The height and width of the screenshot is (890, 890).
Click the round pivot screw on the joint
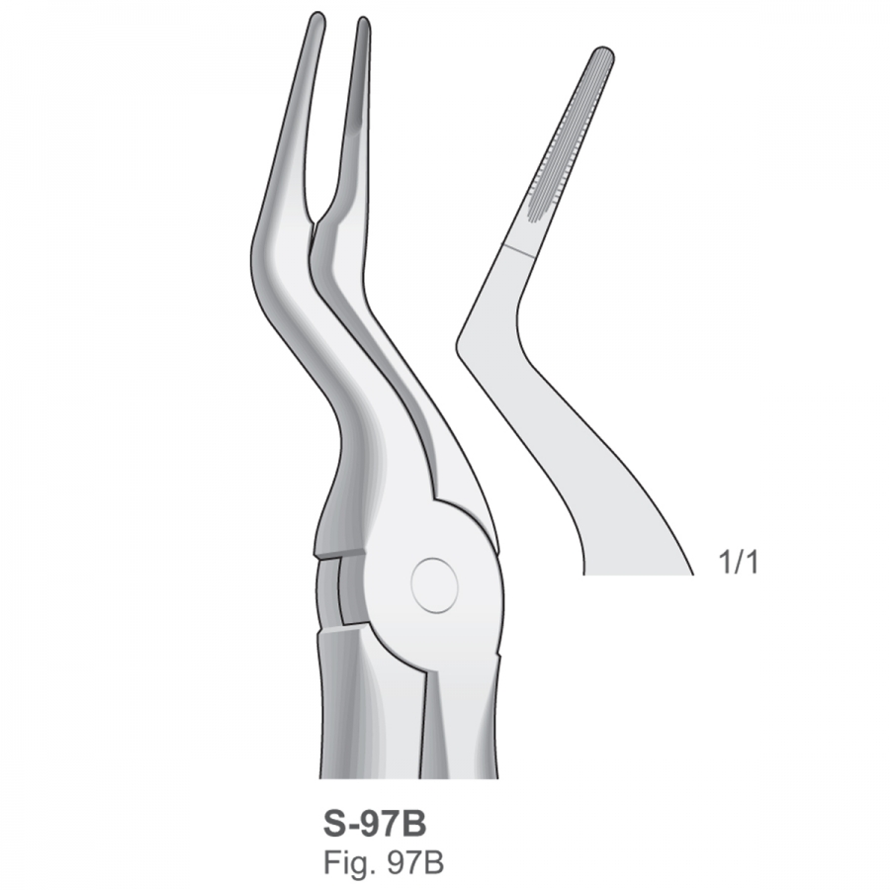(x=434, y=585)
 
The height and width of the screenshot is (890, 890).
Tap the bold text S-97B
(x=375, y=824)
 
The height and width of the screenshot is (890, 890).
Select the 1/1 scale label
(x=738, y=562)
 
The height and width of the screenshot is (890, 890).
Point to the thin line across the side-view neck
(x=517, y=251)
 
